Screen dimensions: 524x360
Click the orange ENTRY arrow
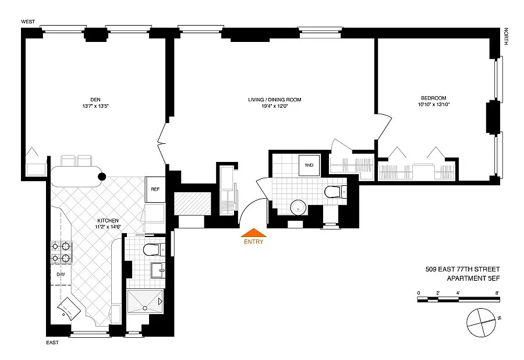(254, 232)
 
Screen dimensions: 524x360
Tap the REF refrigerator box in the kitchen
(155, 189)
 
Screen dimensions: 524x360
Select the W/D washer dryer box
(309, 165)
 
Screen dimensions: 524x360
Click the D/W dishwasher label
(61, 274)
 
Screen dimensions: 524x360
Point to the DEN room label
(95, 100)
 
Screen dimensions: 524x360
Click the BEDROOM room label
(433, 98)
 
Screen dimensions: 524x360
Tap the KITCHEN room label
(108, 221)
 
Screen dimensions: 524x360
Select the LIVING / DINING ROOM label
(275, 100)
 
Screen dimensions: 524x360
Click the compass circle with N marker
(481, 323)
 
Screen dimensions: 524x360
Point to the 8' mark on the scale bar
(497, 293)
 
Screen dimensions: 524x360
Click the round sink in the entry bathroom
(298, 207)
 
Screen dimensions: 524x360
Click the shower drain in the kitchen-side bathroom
(145, 308)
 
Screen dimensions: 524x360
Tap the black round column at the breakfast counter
(101, 177)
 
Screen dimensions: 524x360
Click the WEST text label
(28, 22)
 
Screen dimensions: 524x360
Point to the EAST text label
(52, 343)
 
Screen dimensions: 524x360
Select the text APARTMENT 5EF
(473, 278)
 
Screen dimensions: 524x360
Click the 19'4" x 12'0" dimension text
(275, 106)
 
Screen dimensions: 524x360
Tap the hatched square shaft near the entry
(193, 203)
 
